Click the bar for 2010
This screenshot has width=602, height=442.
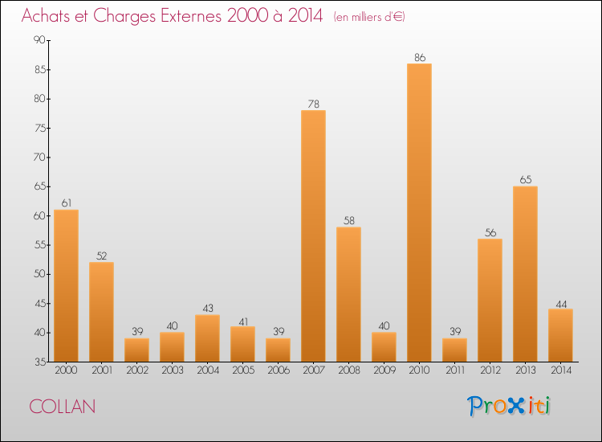coord(419,213)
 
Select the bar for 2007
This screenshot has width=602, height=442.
coord(313,236)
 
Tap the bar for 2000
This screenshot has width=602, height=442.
coord(66,285)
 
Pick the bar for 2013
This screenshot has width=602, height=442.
coord(525,274)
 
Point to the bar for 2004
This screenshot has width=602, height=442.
coord(207,338)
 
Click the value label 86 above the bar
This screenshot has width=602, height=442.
coord(419,57)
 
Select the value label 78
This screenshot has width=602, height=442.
coord(313,104)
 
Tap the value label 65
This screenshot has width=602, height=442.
coord(525,180)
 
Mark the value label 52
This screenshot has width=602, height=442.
coord(101,256)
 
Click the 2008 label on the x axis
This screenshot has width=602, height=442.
coord(348,371)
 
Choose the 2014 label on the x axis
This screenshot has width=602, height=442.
coord(560,371)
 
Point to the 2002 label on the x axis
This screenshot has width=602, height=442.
coord(136,371)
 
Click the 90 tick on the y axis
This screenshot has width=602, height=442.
coord(38,40)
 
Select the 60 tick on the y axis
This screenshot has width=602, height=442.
coord(38,216)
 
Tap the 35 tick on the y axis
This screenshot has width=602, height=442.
coord(38,362)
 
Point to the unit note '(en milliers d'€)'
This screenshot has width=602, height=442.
coord(369,17)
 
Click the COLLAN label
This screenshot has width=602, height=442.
coord(63,407)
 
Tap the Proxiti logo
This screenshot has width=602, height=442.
coord(510,406)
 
